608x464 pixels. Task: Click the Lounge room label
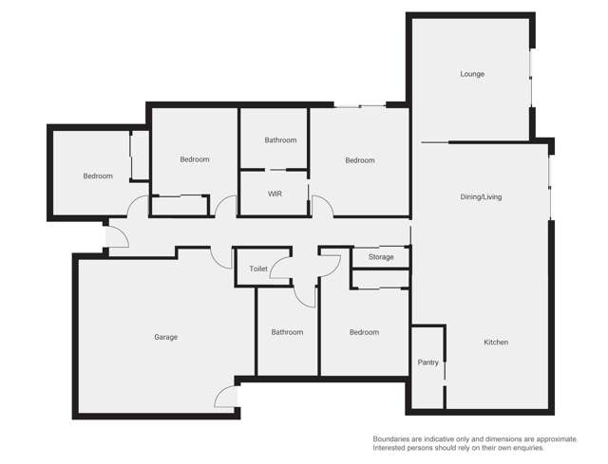(472, 74)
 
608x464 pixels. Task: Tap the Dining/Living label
(481, 197)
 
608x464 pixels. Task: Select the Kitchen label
(496, 343)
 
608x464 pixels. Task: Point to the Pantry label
(427, 362)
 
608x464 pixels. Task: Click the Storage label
(381, 257)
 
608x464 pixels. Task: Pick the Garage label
(166, 337)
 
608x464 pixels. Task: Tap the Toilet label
(258, 269)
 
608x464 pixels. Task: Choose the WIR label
(275, 194)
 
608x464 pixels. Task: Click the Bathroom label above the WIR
(280, 140)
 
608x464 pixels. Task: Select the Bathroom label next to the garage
(287, 332)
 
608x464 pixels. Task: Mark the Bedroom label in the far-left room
(97, 176)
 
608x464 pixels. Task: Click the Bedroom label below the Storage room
(364, 332)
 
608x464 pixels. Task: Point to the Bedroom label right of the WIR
(360, 160)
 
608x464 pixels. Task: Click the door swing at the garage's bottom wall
(226, 397)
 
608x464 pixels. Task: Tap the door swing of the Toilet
(280, 268)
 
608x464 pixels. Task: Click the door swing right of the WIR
(321, 206)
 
